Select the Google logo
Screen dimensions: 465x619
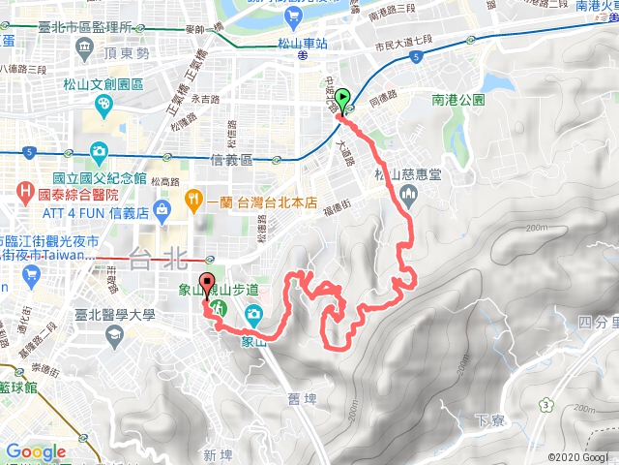[x=36, y=451]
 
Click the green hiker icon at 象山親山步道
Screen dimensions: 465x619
[x=219, y=309]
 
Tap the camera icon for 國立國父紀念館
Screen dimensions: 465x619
[x=99, y=152]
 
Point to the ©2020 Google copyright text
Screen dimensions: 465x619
[x=577, y=457]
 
